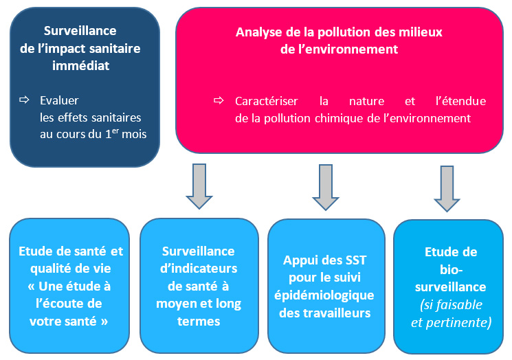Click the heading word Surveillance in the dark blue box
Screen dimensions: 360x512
80,31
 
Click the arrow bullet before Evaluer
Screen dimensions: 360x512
24,100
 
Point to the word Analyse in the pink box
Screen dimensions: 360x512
258,32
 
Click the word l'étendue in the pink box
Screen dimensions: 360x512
460,101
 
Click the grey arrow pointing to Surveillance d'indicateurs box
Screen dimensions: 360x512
200,186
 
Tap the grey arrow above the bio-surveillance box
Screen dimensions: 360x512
447,188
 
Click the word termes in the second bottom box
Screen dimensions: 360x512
198,321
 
